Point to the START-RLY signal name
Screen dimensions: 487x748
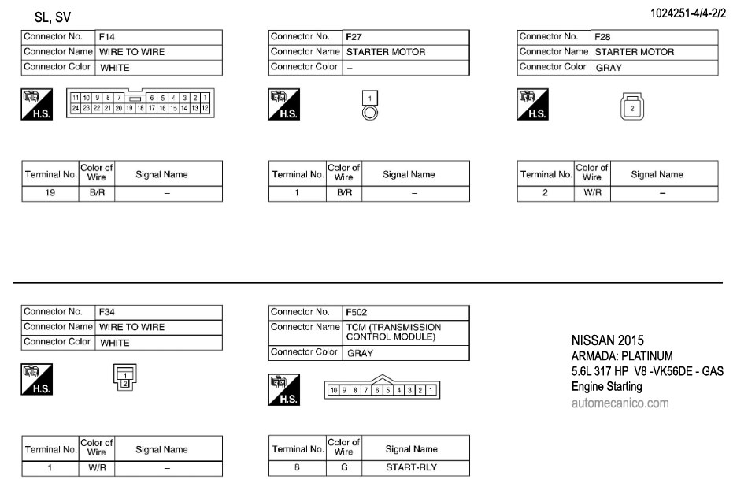(411, 467)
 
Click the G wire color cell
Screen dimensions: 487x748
(343, 467)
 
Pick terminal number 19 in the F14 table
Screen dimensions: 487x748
(50, 192)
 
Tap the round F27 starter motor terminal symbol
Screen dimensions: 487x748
(370, 112)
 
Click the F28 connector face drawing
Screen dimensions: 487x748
(631, 107)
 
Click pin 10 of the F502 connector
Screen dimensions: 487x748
(334, 390)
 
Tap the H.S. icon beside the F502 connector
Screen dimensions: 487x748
(283, 391)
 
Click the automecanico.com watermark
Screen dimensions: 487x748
(620, 403)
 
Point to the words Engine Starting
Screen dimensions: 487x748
(606, 387)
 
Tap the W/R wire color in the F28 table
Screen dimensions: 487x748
(591, 192)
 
